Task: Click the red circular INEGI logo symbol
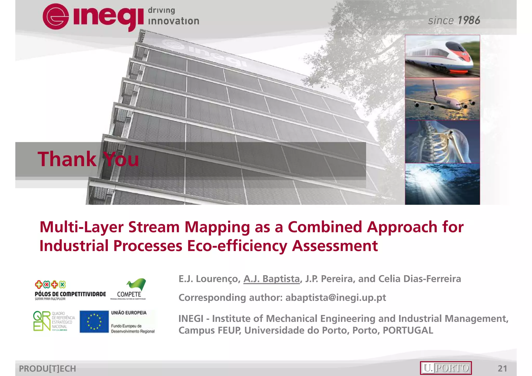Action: click(56, 16)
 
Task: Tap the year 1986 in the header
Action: click(469, 21)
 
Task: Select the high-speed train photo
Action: click(442, 56)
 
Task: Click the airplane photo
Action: click(442, 99)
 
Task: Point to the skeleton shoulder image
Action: click(442, 142)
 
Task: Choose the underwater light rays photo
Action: click(442, 184)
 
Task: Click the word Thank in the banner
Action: click(67, 159)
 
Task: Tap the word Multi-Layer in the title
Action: click(82, 227)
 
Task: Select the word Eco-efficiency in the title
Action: click(237, 246)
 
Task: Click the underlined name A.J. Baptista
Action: click(271, 279)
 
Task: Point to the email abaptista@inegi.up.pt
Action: click(336, 298)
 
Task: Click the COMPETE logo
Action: click(129, 289)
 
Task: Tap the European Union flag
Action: click(94, 322)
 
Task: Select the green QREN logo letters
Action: click(42, 321)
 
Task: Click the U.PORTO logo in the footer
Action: click(446, 368)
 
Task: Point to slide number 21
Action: click(502, 368)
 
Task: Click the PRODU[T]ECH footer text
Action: click(48, 368)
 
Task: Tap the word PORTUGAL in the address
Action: click(408, 331)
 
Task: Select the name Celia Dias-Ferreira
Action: click(420, 279)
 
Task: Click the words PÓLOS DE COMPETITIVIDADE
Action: click(70, 294)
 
